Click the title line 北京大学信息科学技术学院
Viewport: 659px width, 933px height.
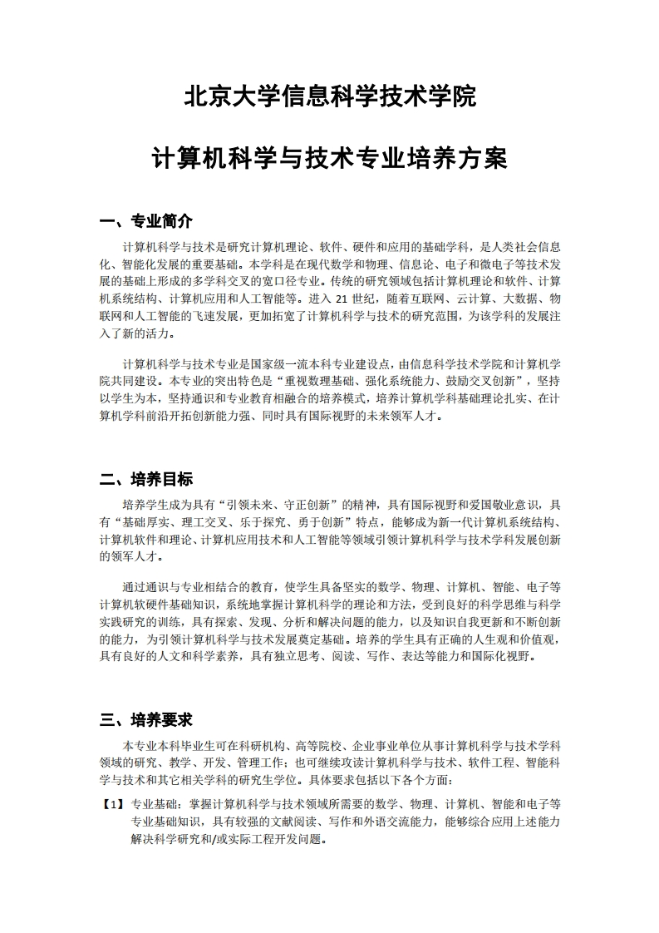click(329, 97)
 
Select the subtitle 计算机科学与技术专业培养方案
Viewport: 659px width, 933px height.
click(329, 158)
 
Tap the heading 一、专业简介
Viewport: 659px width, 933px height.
click(145, 221)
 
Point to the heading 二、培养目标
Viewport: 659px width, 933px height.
click(145, 479)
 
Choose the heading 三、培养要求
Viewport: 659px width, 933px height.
click(145, 719)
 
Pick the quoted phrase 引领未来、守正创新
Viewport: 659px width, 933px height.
click(277, 505)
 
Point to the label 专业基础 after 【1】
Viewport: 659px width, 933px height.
click(153, 804)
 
